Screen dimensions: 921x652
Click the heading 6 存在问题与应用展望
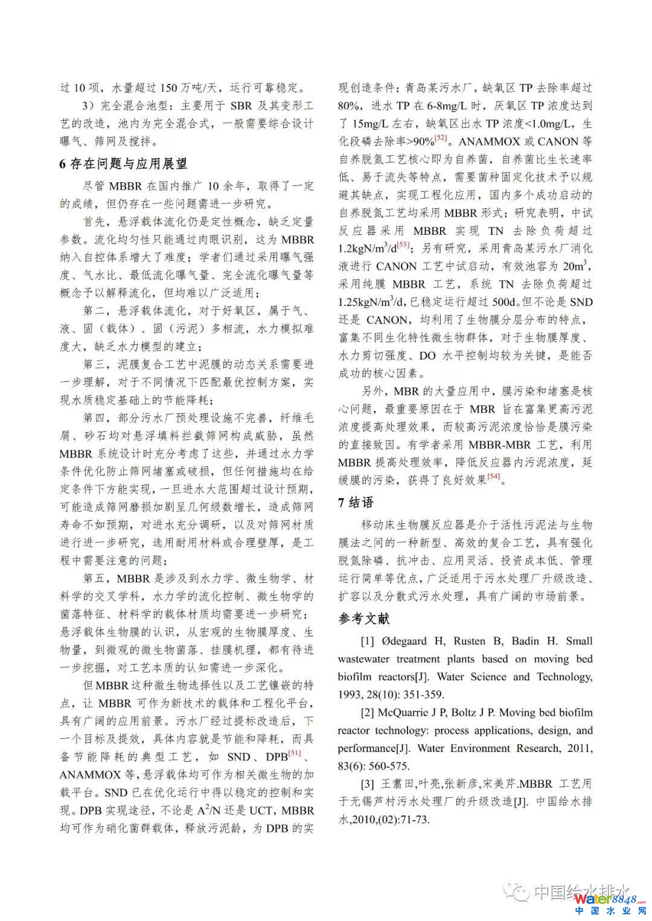[123, 164]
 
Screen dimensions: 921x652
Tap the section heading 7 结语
[356, 503]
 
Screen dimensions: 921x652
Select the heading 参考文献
[364, 619]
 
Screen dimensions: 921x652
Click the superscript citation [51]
[294, 753]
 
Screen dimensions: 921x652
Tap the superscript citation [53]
[403, 245]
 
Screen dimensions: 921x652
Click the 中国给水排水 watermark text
[583, 891]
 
